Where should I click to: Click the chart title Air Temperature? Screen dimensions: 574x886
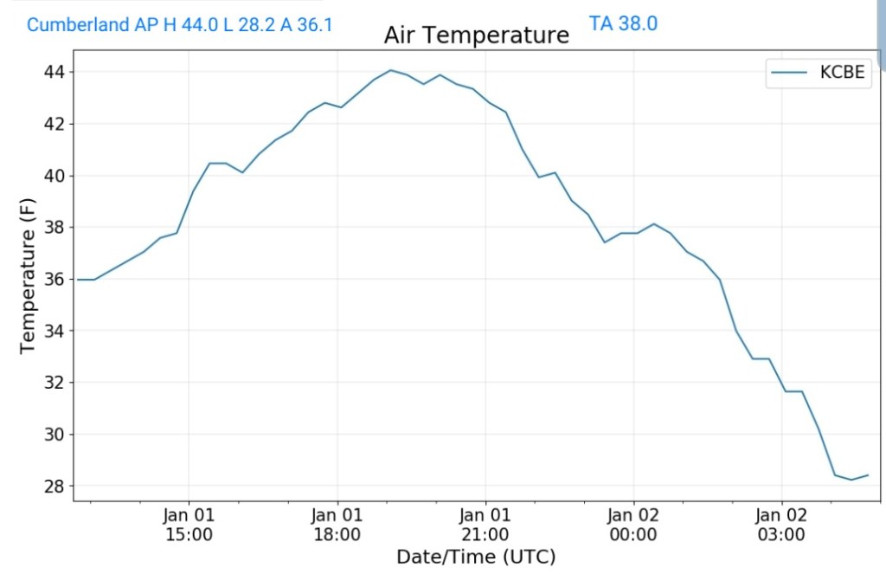point(477,35)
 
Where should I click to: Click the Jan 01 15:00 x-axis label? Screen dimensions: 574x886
point(189,525)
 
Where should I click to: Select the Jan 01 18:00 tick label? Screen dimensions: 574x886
point(337,525)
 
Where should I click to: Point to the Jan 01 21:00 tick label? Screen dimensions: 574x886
point(485,525)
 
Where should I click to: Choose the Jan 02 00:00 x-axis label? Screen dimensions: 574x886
point(633,525)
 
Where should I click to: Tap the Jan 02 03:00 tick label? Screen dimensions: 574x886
point(781,525)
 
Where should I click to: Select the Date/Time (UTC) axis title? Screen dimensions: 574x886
point(476,556)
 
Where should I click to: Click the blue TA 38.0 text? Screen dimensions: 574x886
point(623,23)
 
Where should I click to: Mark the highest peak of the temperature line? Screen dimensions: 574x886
point(390,70)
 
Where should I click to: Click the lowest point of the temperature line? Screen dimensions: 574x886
point(851,480)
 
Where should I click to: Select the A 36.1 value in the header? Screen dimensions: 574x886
point(303,24)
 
